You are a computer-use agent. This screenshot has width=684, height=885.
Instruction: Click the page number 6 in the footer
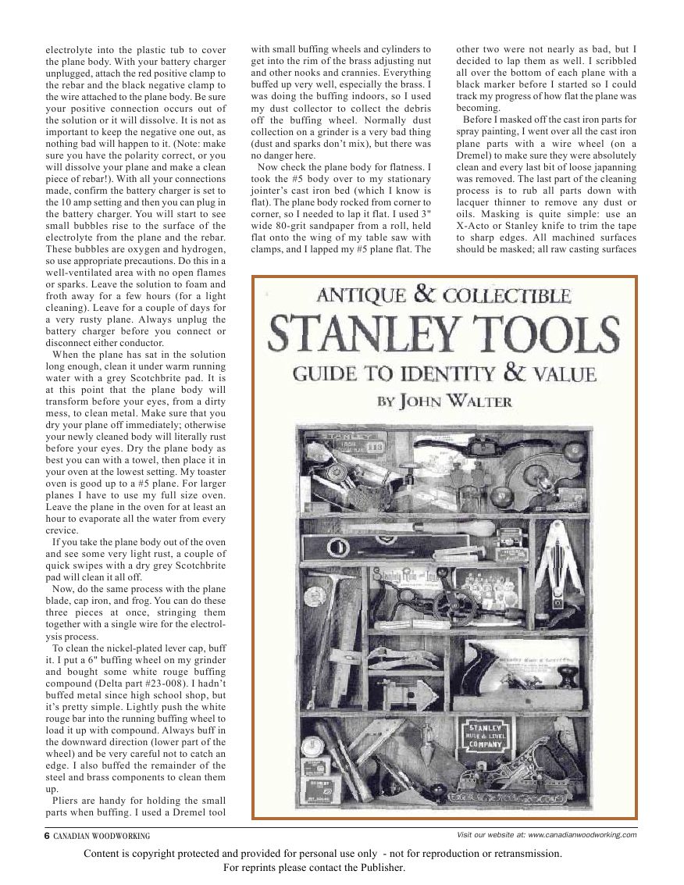46,835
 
